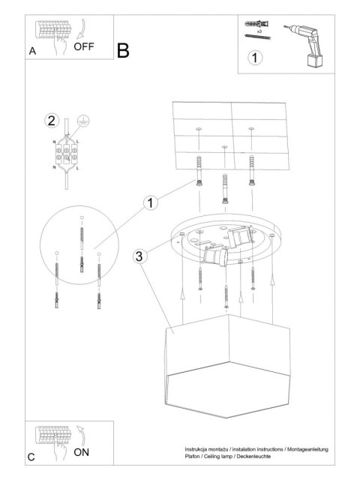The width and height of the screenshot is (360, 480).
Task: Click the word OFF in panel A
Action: click(x=84, y=46)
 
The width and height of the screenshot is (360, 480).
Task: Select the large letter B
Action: click(x=123, y=50)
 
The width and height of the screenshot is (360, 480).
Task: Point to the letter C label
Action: click(x=31, y=456)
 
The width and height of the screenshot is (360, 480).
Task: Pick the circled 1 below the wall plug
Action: click(x=256, y=57)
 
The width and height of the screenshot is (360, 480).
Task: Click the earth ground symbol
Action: click(x=84, y=120)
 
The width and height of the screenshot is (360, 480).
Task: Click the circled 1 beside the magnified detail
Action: click(x=151, y=202)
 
